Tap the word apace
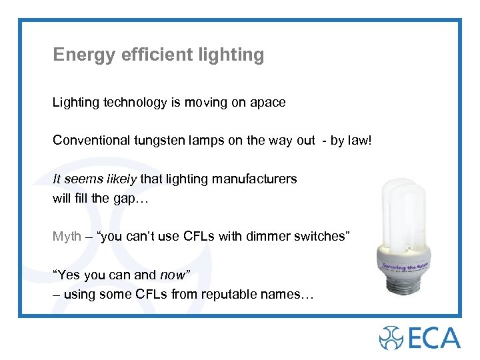267,103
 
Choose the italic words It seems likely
95,179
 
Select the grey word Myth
67,236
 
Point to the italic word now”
175,275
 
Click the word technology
133,103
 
